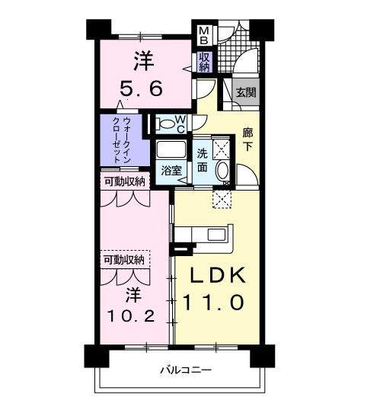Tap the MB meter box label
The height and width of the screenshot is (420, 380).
[203, 35]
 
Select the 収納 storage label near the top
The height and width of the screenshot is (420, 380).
[205, 62]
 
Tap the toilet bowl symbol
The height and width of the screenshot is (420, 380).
[165, 124]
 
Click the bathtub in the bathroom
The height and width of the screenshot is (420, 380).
[171, 149]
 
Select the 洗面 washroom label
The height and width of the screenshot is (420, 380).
[202, 158]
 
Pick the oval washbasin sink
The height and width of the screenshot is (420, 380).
[223, 171]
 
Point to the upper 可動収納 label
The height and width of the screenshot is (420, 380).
[124, 181]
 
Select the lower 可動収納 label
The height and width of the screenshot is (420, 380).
[124, 260]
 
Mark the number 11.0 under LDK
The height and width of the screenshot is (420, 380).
[212, 303]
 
